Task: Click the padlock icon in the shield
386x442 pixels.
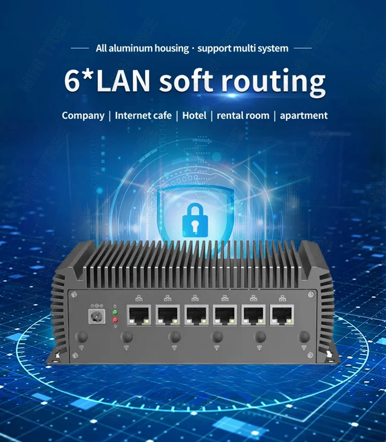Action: [195, 220]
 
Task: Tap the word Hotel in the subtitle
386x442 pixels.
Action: [194, 115]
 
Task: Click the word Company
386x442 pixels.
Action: [83, 115]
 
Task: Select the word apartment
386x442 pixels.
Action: [304, 115]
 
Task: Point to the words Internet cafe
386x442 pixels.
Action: [143, 115]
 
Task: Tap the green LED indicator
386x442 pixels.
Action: [115, 312]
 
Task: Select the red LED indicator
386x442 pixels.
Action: [115, 320]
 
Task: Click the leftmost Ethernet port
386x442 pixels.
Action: [139, 315]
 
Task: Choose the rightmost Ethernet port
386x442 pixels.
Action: [282, 315]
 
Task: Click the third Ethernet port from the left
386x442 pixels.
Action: [196, 315]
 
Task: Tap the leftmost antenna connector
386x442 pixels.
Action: [81, 336]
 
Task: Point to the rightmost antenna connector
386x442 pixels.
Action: [304, 336]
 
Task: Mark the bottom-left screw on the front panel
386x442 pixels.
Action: [75, 355]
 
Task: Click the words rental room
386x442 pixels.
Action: [243, 115]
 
